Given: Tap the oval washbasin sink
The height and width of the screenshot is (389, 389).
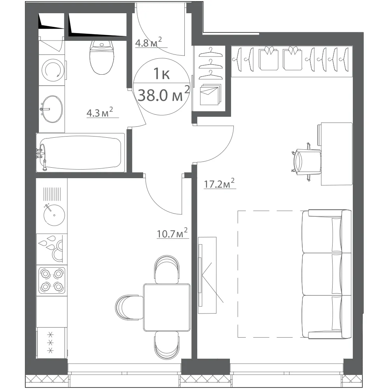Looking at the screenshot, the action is point(52,109).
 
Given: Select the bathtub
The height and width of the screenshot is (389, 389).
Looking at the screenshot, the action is point(81,152).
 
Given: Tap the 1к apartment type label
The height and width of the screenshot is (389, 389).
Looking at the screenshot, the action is point(161,74).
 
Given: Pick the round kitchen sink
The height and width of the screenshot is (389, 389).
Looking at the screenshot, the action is point(54,215).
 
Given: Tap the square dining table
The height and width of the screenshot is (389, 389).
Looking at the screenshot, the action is point(167,308).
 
